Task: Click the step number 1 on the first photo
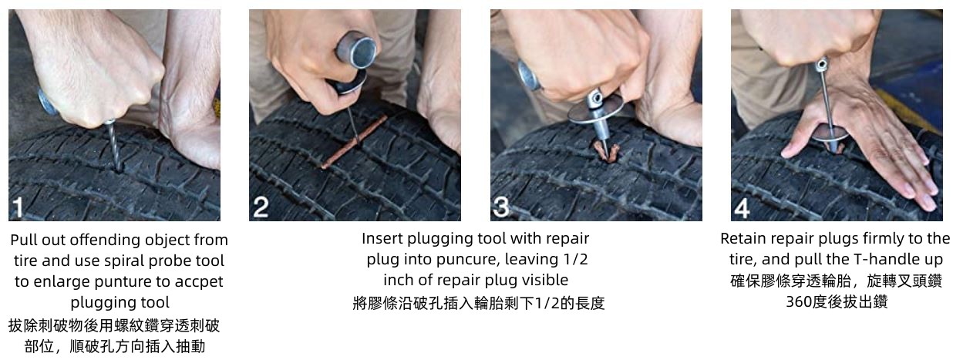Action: click(18, 207)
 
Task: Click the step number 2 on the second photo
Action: click(261, 207)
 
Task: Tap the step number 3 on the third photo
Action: click(501, 207)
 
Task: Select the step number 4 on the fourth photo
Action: click(742, 208)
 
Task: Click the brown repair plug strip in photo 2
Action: click(354, 141)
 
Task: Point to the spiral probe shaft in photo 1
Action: click(113, 146)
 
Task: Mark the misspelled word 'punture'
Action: click(123, 281)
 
